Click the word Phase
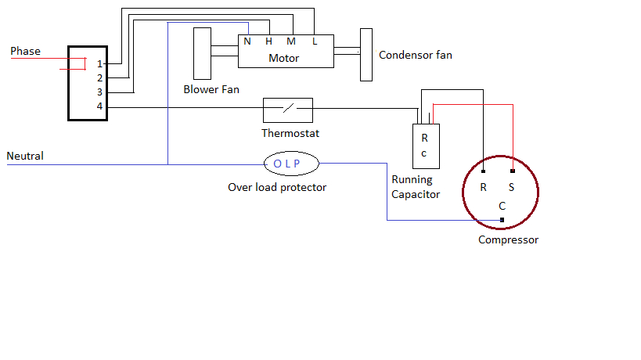point(25,52)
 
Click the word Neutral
point(25,156)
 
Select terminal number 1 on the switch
point(99,63)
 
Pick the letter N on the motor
point(247,41)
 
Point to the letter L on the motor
point(315,41)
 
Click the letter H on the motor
point(268,41)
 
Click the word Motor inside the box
point(283,58)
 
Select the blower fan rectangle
point(203,53)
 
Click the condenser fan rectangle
point(366,54)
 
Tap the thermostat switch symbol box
point(287,110)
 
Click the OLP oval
point(291,164)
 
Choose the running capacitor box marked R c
point(427,146)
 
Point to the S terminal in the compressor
point(513,188)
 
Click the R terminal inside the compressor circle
point(484,188)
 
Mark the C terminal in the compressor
point(502,206)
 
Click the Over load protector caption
point(277,187)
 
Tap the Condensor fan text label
point(415,56)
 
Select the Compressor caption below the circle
point(508,239)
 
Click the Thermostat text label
point(290,133)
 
